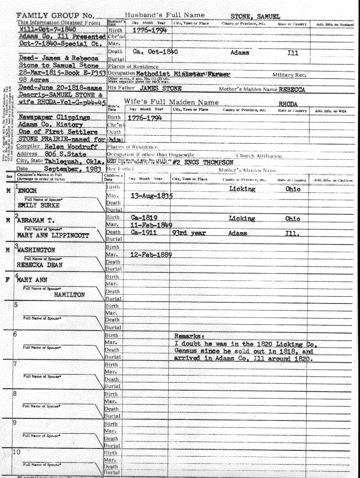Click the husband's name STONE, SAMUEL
tap(255, 17)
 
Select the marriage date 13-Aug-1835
tap(152, 196)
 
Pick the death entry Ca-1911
tap(144, 233)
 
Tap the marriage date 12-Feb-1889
tap(151, 255)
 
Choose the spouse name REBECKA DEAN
tap(40, 265)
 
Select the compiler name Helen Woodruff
tap(71, 146)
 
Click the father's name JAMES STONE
tap(161, 88)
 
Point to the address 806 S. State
tap(66, 154)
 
